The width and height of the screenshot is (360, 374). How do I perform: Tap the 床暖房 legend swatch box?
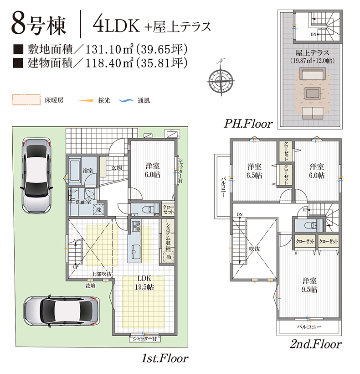click(x=26, y=100)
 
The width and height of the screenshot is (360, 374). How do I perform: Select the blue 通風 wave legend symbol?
click(x=126, y=101)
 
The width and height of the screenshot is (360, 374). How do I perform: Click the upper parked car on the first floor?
click(x=36, y=176)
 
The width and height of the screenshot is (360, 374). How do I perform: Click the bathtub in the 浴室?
click(x=75, y=171)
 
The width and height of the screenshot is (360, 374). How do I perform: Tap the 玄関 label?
click(x=117, y=168)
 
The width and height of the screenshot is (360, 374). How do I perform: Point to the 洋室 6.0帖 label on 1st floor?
click(x=153, y=170)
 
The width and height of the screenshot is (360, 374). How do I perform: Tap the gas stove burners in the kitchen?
click(x=136, y=226)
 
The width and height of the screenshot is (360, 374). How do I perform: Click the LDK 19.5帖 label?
click(x=144, y=283)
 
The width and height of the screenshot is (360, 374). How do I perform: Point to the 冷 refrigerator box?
click(x=169, y=257)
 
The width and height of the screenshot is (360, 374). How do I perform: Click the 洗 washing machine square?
click(x=99, y=210)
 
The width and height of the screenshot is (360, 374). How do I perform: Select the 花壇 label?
click(x=91, y=286)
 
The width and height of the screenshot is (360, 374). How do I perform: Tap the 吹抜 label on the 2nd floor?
click(x=254, y=249)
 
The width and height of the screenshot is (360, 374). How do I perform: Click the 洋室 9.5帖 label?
click(x=309, y=285)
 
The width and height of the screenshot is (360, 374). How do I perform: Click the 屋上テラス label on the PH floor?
click(x=312, y=53)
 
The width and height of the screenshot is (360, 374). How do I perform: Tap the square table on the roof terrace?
click(x=312, y=93)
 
